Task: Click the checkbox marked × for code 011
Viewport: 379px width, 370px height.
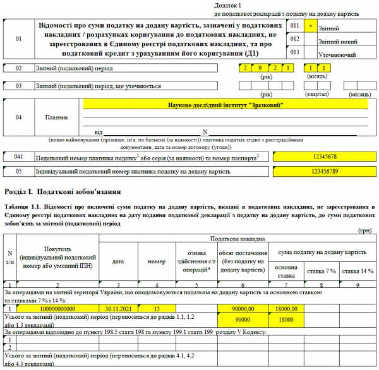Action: click(310, 26)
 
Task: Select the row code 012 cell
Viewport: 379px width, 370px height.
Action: click(294, 39)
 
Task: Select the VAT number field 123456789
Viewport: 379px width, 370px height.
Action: click(325, 170)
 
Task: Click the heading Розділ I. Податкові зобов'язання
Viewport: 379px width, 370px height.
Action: click(62, 190)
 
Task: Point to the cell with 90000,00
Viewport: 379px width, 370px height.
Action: click(243, 309)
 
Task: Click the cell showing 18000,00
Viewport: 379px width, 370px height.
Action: click(284, 309)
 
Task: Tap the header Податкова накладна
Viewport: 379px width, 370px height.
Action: click(237, 239)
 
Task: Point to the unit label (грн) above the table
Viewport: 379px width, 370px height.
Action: click(365, 232)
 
